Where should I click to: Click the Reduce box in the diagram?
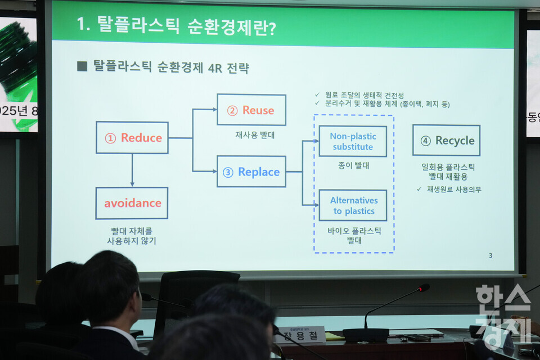132,138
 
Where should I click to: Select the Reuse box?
251,110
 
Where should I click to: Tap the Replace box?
251,172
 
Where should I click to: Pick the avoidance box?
132,203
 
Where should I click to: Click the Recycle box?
446,141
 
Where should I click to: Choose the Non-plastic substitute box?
353,141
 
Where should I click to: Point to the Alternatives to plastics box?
353,205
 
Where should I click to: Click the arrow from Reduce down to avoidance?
132,170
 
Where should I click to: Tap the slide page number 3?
490,256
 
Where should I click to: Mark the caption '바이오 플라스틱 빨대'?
354,235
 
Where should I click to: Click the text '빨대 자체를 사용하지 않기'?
132,236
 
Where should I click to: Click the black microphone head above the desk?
423,288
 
